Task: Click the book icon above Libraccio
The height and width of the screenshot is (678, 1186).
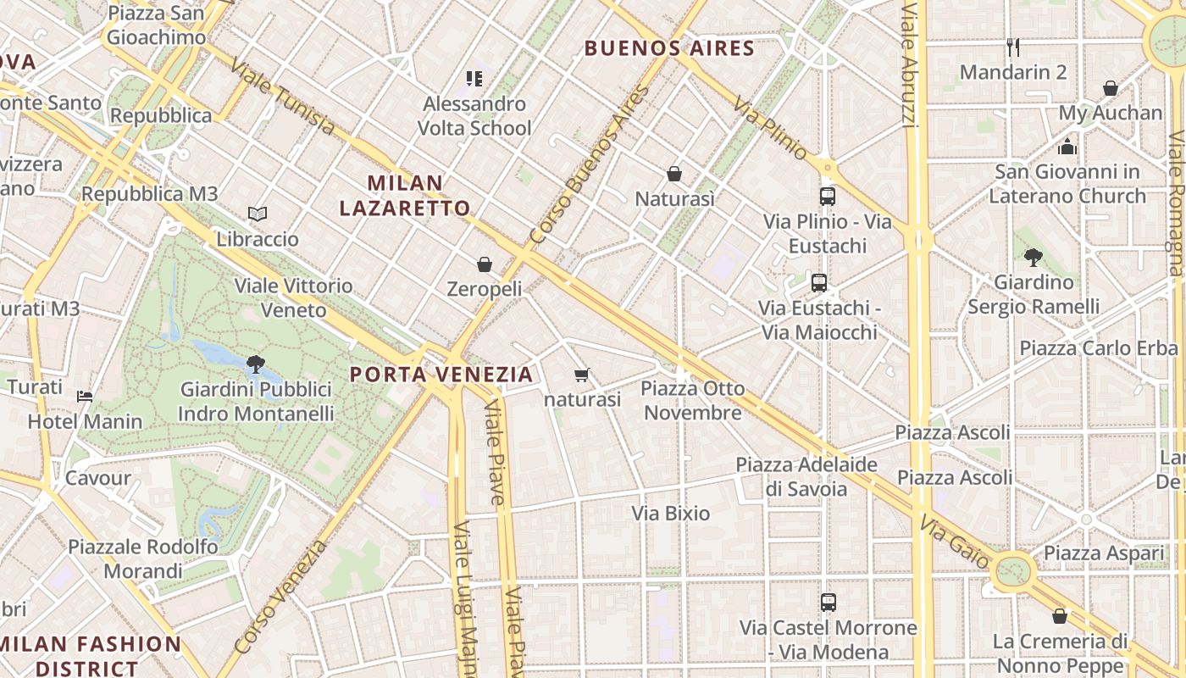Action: tap(258, 214)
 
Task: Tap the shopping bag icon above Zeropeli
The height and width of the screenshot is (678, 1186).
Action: tap(485, 264)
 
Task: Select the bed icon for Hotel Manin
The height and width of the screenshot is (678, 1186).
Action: tap(85, 396)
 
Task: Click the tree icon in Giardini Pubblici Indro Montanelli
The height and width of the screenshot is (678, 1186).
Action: tap(255, 364)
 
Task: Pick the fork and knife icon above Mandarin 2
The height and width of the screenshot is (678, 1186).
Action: tap(1012, 46)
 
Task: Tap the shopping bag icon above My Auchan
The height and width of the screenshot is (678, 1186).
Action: tap(1110, 87)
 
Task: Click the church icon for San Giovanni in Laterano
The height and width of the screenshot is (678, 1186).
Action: tap(1067, 147)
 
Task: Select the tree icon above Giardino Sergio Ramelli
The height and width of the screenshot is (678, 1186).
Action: tap(1033, 257)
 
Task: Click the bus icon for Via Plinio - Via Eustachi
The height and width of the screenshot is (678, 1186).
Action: tap(828, 197)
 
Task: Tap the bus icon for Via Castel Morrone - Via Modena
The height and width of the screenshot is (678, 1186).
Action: tap(829, 603)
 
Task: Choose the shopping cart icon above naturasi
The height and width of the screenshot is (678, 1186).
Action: tap(581, 375)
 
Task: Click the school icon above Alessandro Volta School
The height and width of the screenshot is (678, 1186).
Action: tap(474, 79)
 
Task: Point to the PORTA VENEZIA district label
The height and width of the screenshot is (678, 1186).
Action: tap(441, 374)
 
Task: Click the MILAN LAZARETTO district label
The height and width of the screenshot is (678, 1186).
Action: tap(405, 195)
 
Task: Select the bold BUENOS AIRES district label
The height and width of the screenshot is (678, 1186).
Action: tap(669, 47)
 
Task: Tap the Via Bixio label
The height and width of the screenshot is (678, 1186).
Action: tap(671, 514)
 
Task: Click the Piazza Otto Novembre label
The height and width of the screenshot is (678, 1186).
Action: tap(693, 401)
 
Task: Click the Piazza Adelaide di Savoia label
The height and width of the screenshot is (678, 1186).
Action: tap(806, 476)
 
